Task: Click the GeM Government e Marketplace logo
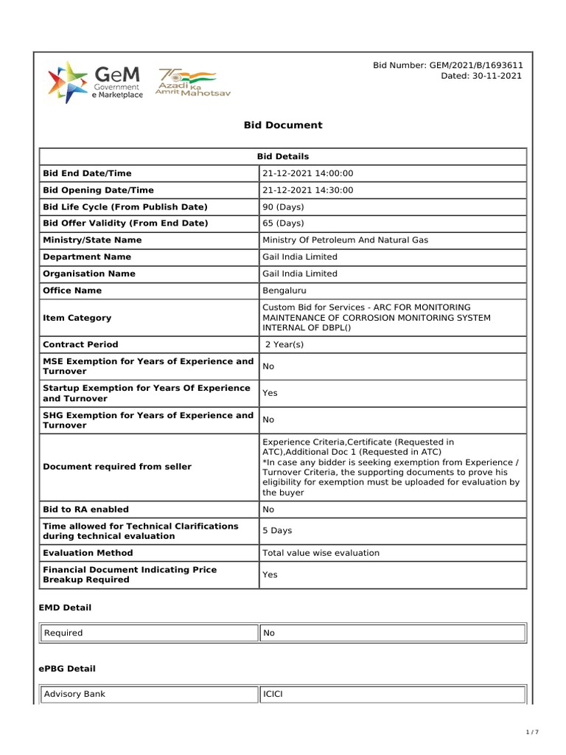click(95, 83)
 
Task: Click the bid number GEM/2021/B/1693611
click(448, 66)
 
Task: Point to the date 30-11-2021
click(482, 76)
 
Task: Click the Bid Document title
click(283, 125)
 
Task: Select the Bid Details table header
click(283, 156)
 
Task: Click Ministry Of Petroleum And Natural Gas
click(345, 240)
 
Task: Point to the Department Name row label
click(87, 257)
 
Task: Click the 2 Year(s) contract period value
click(284, 344)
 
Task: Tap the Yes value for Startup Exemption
click(270, 393)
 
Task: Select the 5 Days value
click(276, 531)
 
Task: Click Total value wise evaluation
click(321, 553)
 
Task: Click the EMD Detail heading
click(65, 608)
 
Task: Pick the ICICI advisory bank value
click(274, 695)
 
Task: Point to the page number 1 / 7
click(533, 732)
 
